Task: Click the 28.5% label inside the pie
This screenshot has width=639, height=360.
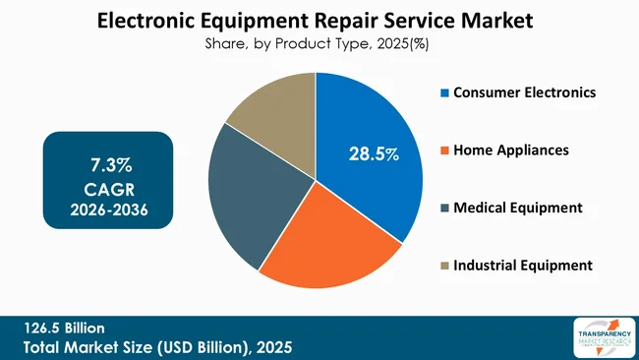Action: coord(374,153)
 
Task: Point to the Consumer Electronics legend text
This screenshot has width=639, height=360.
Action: coord(523,92)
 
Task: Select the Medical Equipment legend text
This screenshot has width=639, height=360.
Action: coord(517,208)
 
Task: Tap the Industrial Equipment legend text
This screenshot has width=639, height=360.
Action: coord(522,265)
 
